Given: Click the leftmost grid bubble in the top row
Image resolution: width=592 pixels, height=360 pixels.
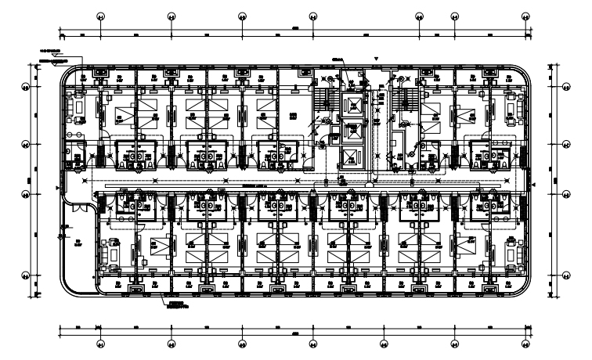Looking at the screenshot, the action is point(99,16).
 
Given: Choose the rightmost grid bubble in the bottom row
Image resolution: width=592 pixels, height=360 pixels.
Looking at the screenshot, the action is point(525,344).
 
